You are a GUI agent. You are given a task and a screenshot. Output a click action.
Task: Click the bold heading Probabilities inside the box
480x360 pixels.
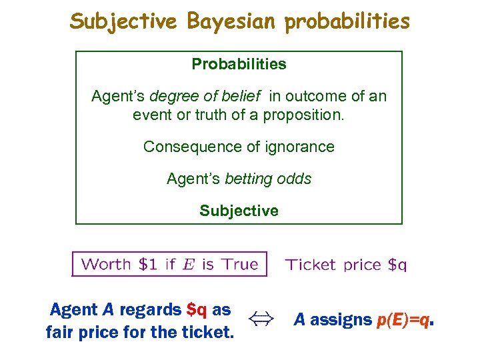tap(239, 65)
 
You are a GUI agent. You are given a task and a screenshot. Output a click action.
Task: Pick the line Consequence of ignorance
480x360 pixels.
tap(239, 147)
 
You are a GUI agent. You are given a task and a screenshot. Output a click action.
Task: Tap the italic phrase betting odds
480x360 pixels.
tap(268, 179)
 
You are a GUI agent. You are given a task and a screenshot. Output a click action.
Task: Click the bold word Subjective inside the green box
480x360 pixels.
tap(239, 211)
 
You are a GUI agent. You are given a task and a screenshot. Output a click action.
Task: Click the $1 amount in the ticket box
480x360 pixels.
tap(147, 264)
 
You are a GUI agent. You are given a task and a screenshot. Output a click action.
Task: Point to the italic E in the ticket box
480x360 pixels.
tap(189, 264)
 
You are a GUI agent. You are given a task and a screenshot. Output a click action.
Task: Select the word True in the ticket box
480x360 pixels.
tap(239, 264)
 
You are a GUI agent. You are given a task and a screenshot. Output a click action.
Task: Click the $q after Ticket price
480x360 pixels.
tap(397, 265)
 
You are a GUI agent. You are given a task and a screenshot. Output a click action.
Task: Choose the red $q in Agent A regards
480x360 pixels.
tap(197, 310)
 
